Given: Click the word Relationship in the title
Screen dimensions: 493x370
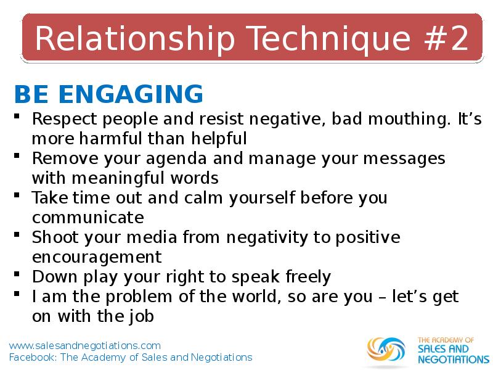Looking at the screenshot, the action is [135, 39].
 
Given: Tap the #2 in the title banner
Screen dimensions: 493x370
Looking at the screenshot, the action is [446, 38].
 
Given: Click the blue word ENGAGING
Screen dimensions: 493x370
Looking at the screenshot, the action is [131, 94].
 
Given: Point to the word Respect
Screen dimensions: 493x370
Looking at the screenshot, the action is [65, 120].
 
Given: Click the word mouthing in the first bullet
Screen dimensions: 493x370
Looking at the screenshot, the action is [409, 120].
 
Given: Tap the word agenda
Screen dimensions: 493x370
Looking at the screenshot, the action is [176, 159].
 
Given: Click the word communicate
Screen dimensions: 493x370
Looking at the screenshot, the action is [88, 218].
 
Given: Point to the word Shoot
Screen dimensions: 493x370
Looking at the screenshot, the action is [55, 237].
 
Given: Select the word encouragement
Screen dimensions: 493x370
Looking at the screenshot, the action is [97, 257].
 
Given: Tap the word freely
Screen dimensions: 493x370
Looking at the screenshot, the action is [308, 277].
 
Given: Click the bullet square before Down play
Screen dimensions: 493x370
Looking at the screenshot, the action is [17, 274].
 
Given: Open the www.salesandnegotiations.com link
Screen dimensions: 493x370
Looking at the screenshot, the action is [85, 346].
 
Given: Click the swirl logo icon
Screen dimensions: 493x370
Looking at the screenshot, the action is [386, 349].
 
